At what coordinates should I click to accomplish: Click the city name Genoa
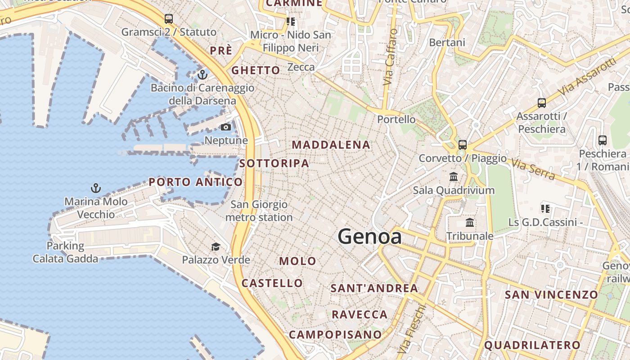369,237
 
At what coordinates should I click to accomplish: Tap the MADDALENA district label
331,145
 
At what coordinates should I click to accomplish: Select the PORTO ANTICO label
196,182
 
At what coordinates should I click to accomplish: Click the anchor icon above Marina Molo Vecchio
95,188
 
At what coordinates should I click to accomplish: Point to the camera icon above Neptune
226,127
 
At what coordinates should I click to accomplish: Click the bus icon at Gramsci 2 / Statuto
169,19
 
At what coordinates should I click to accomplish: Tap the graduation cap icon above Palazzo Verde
216,247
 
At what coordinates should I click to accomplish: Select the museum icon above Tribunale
470,222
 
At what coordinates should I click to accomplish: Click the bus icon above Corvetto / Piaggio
462,145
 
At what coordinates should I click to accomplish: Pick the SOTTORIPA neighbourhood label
274,163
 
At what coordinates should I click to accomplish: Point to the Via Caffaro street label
390,57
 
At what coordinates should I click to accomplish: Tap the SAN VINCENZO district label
551,295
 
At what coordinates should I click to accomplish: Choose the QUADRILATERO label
532,345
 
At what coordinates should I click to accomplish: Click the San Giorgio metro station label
259,211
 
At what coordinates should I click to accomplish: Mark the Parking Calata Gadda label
65,252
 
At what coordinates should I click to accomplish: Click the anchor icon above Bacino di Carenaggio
202,74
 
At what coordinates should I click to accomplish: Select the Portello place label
396,119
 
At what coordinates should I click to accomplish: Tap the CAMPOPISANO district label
335,334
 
